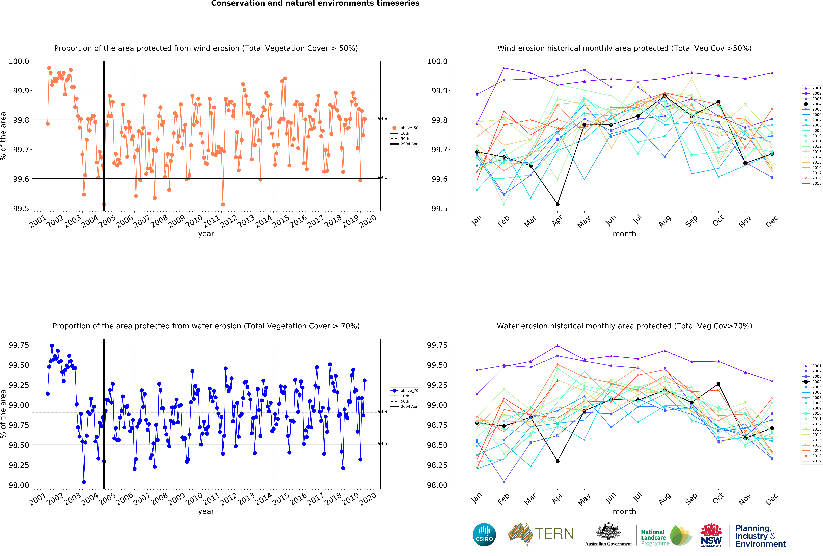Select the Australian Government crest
[608, 531]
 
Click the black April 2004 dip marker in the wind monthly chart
[557, 204]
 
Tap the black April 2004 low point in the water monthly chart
[557, 461]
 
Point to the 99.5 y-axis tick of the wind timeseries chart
[21, 209]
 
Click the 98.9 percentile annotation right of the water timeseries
[382, 411]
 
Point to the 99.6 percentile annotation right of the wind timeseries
[382, 177]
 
